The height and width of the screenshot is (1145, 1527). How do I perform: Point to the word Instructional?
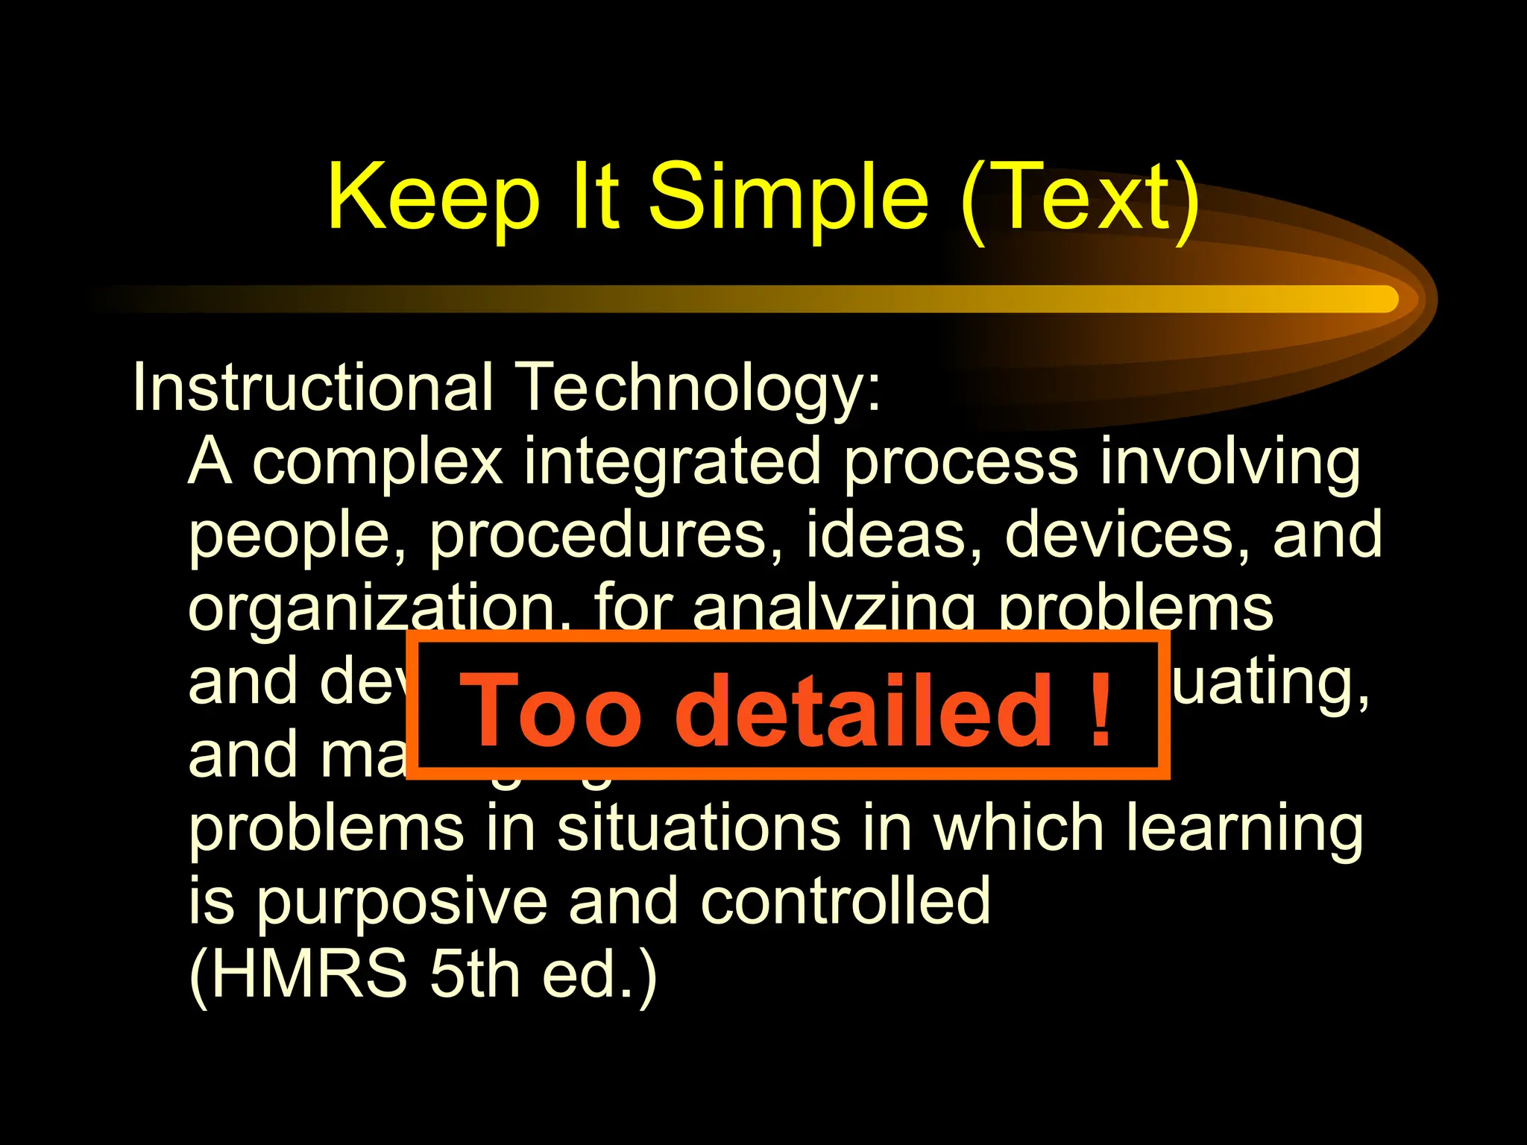[x=312, y=387]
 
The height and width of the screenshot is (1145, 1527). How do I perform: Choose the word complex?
[x=377, y=463]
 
